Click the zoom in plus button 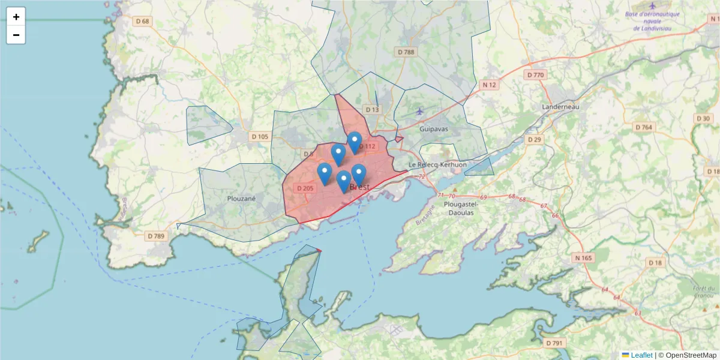[16, 17]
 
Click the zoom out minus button [16, 35]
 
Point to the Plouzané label [242, 198]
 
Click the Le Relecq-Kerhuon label [437, 164]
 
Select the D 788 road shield [406, 52]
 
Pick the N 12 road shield [490, 85]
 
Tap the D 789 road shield [155, 236]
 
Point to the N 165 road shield [583, 258]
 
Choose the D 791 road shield [555, 343]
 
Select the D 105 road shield [260, 137]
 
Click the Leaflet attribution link [641, 355]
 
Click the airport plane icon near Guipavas [419, 110]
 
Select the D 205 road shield [305, 188]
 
